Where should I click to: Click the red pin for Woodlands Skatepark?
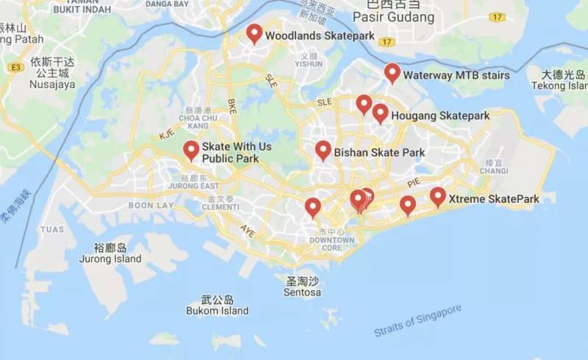(254, 33)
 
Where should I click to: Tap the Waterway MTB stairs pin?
(392, 73)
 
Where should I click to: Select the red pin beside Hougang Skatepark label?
(380, 113)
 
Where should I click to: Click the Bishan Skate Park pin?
(323, 151)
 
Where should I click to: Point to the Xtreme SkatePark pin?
(438, 196)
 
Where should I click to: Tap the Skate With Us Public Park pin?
(191, 151)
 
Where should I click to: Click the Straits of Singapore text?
(417, 321)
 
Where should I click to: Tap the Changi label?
(494, 170)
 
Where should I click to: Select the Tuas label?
(52, 229)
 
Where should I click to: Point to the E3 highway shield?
(14, 68)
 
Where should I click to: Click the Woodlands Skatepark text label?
(319, 35)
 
